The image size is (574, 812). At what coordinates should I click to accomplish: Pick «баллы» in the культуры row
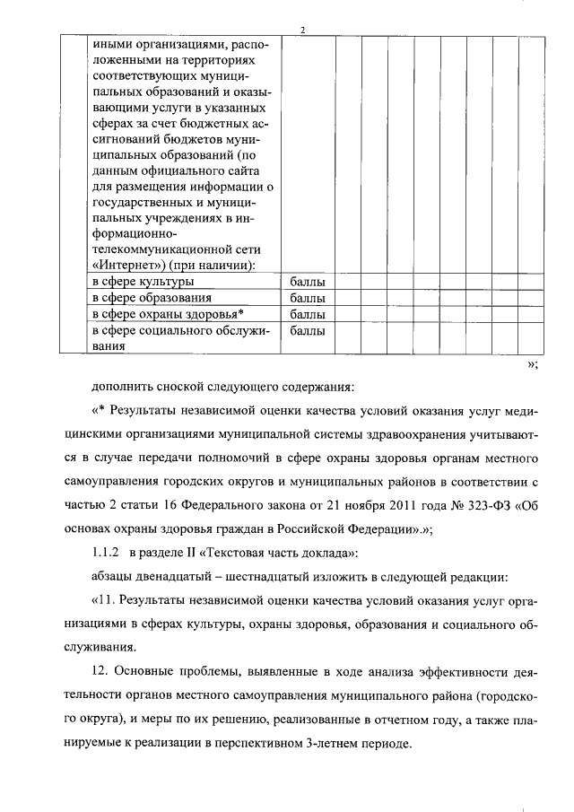[x=308, y=283]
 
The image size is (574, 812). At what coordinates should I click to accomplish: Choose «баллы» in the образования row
[x=308, y=298]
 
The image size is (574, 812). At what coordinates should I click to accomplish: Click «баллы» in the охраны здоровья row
[x=308, y=314]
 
